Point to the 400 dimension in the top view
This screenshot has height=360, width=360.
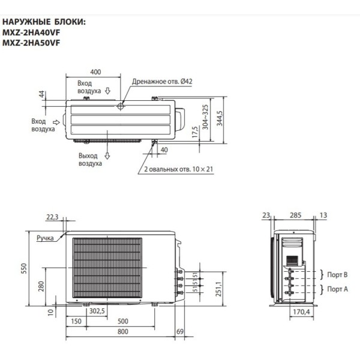click(94, 72)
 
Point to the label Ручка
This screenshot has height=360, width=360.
click(44, 238)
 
